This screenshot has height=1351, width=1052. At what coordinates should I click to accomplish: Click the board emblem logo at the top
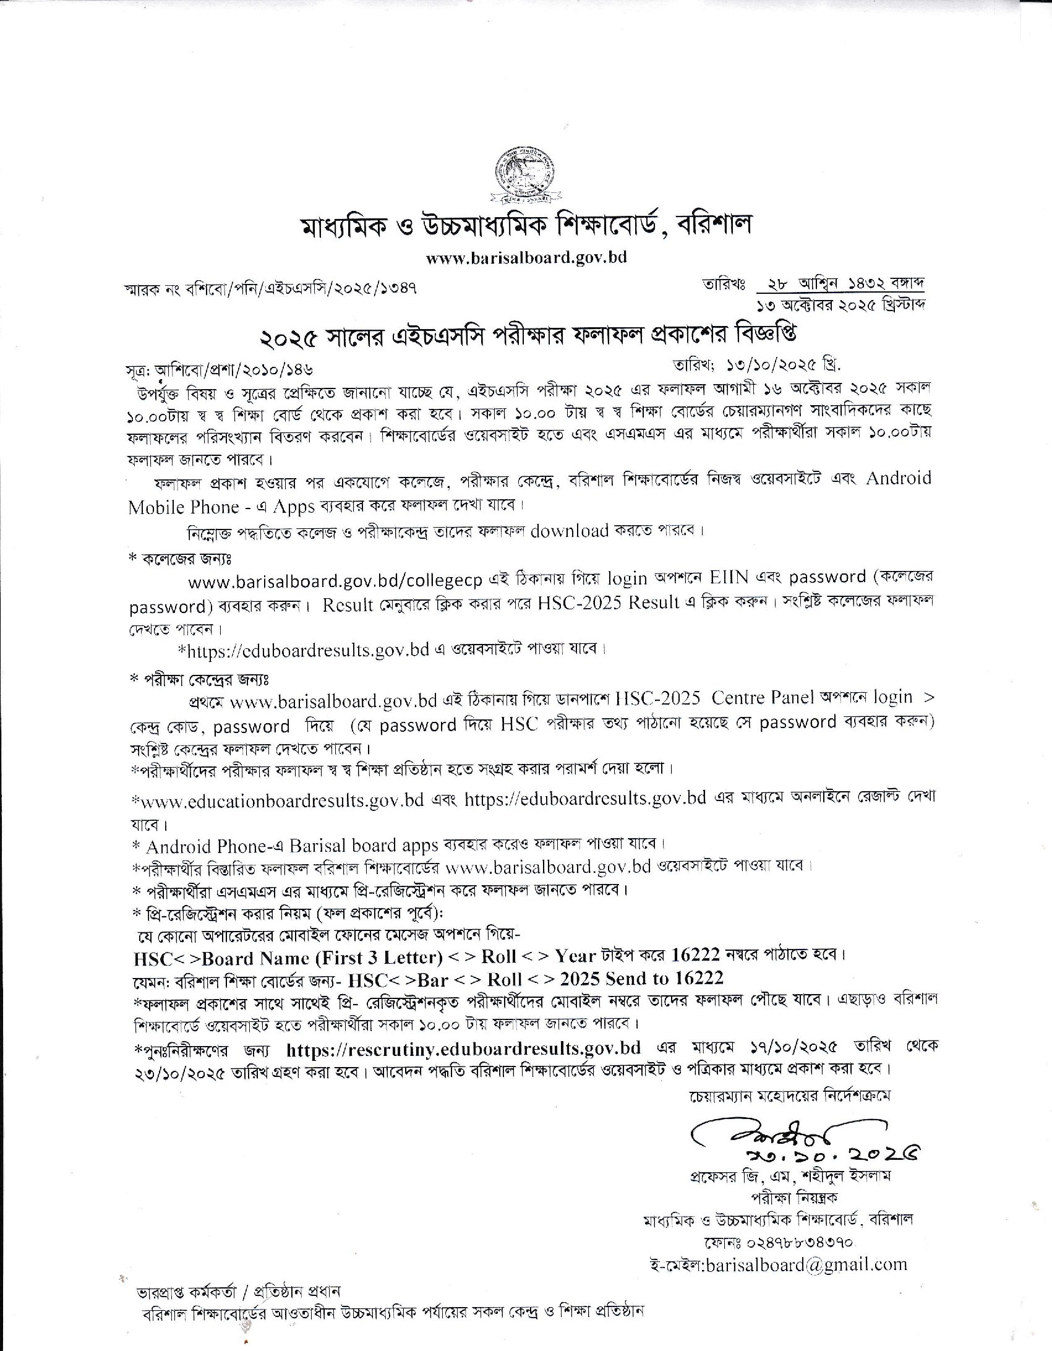[x=525, y=176]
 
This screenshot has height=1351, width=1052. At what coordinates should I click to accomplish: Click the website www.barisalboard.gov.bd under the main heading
[x=526, y=257]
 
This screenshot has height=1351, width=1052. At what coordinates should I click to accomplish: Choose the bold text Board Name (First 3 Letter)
[x=322, y=958]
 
